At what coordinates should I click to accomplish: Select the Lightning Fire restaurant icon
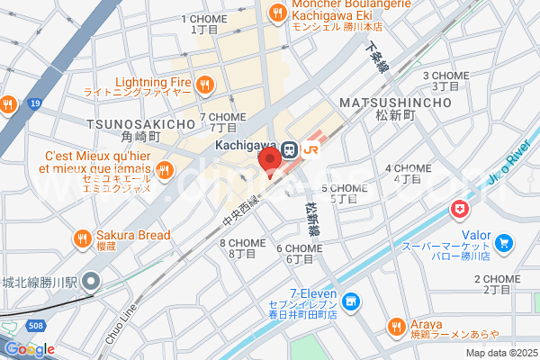tap(206, 84)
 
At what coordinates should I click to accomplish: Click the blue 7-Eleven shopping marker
tap(350, 301)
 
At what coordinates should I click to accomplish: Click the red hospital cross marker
tap(461, 210)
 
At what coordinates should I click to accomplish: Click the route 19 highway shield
tap(34, 104)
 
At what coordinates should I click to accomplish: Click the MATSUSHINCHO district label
tap(395, 103)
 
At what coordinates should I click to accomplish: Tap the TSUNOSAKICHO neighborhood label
tap(140, 123)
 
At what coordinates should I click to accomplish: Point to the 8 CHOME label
tap(243, 243)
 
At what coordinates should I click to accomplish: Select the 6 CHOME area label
tap(299, 249)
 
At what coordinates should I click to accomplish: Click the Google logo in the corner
tap(29, 349)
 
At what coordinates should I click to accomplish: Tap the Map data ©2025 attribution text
tap(499, 352)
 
